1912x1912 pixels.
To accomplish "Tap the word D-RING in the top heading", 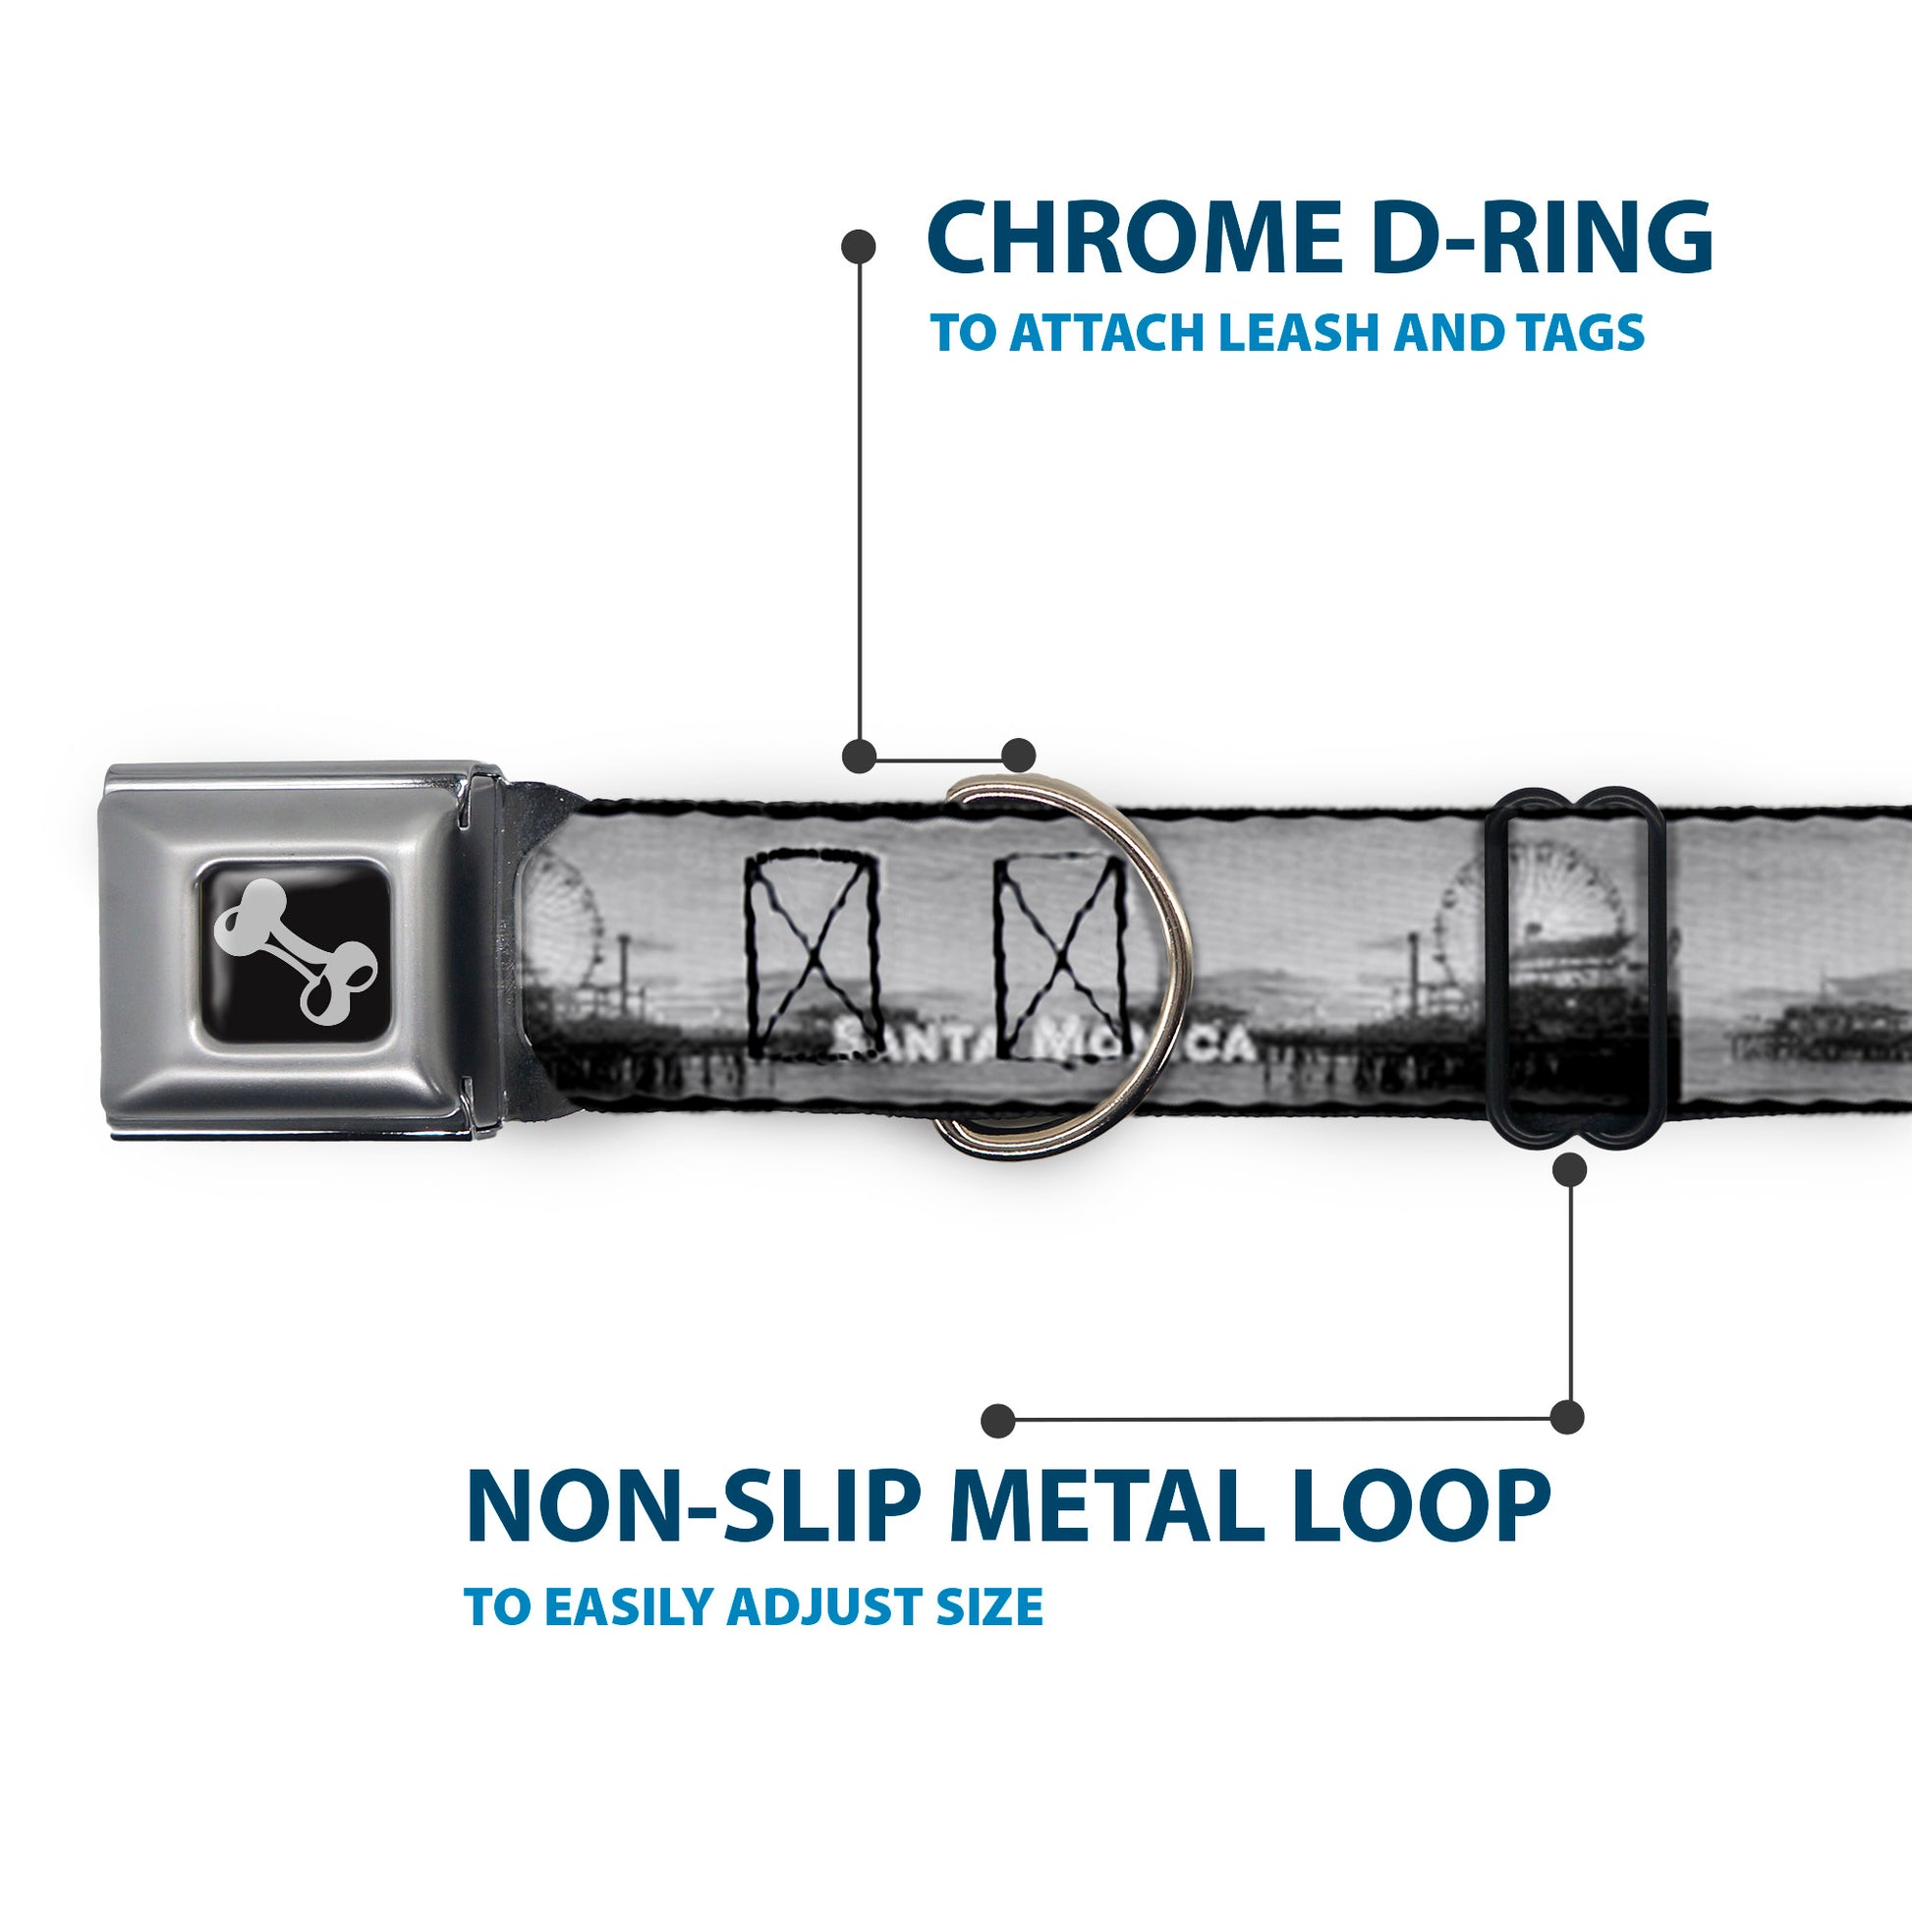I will [1544, 238].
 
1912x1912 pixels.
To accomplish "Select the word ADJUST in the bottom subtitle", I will [840, 1607].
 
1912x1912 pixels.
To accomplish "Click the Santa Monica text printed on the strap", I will [1040, 1041].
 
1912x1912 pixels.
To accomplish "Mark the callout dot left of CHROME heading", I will [858, 247].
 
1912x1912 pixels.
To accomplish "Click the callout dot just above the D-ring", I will [1018, 756].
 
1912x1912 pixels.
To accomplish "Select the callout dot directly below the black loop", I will [1569, 1171].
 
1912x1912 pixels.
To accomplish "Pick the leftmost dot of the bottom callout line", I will [998, 1420].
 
